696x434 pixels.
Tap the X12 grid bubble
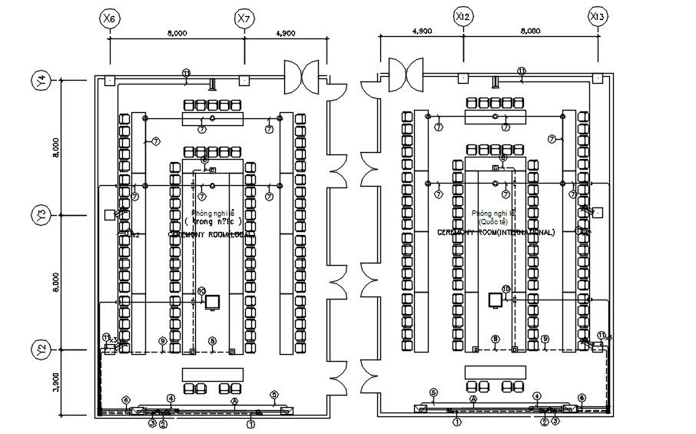point(462,15)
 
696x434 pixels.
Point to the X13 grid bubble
point(598,15)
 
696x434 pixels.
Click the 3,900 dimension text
point(55,383)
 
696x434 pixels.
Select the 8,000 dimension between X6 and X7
point(177,33)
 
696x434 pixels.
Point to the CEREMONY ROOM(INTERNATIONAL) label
point(495,231)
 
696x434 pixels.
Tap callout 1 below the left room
point(251,422)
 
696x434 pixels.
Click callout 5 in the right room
point(433,393)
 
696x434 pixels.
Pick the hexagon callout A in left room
point(234,400)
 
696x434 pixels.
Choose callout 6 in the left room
point(126,399)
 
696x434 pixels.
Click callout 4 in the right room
point(537,396)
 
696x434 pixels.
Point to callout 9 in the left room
point(162,340)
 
